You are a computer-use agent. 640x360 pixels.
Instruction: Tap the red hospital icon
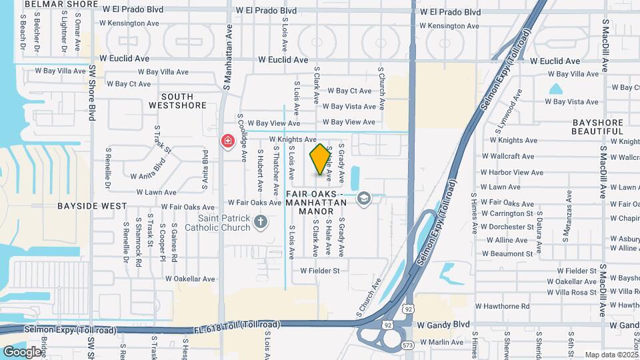click(228, 141)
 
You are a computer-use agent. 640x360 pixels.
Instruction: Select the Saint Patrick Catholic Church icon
click(260, 221)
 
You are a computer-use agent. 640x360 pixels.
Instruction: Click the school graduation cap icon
click(364, 198)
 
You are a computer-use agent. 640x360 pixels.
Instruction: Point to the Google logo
click(22, 351)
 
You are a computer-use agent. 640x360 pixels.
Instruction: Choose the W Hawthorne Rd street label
click(502, 306)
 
